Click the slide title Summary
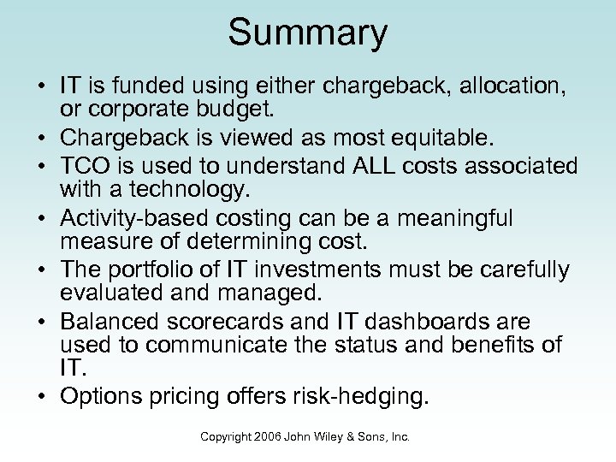tap(308, 33)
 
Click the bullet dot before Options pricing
tap(40, 397)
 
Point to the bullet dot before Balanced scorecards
tap(40, 323)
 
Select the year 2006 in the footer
tap(268, 437)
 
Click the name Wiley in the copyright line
tap(329, 437)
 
